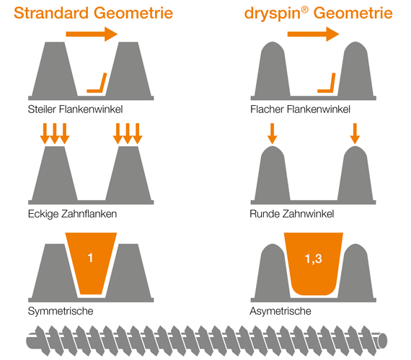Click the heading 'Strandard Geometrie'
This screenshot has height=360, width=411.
click(x=99, y=13)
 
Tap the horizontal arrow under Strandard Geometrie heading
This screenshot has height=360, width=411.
click(x=91, y=33)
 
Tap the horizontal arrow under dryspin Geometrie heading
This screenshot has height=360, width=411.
click(x=312, y=33)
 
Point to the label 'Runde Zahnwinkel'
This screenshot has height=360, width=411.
click(x=291, y=213)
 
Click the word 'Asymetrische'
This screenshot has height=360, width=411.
click(x=280, y=311)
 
